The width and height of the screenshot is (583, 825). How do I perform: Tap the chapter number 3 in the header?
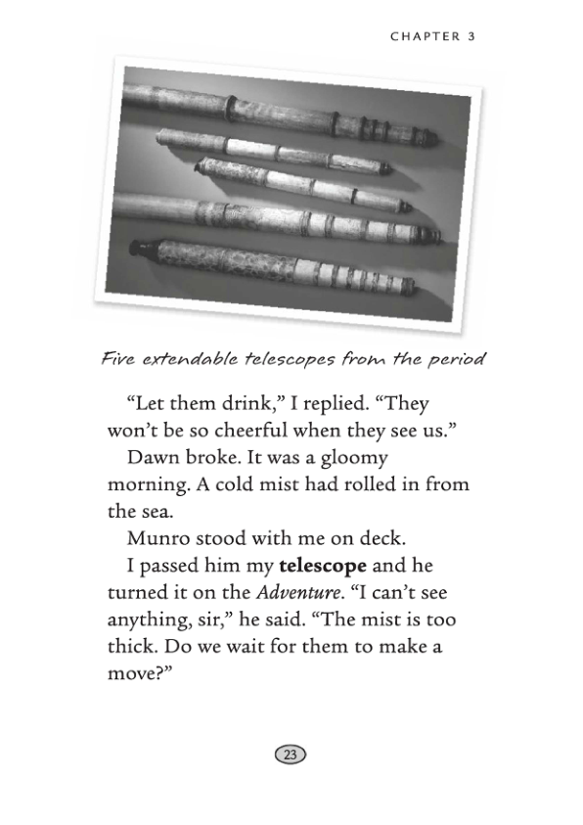[471, 37]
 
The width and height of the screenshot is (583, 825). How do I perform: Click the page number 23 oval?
[291, 755]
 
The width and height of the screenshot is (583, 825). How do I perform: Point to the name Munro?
[156, 537]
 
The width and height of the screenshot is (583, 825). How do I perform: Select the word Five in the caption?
[118, 358]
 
